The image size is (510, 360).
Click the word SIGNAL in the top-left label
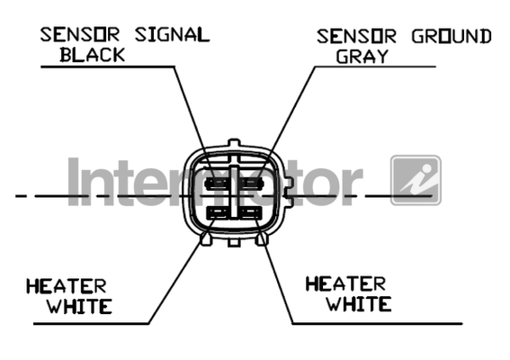click(x=173, y=34)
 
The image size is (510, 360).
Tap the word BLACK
click(x=93, y=55)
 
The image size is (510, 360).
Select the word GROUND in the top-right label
click(x=452, y=37)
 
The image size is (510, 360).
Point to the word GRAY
click(x=362, y=57)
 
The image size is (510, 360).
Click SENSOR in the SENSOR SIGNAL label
click(x=80, y=34)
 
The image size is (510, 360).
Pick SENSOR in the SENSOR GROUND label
click(x=356, y=37)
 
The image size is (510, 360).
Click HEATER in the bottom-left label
click(x=67, y=286)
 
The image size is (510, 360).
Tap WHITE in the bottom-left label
click(x=80, y=306)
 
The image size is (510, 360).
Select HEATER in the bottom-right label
click(x=345, y=283)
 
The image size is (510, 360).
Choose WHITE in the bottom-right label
click(x=359, y=303)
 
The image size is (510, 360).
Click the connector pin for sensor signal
click(x=216, y=184)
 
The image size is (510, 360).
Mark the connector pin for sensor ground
click(x=252, y=184)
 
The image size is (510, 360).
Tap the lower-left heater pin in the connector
click(x=217, y=213)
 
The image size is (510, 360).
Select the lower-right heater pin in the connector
click(x=251, y=213)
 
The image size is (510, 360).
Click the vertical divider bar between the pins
click(x=234, y=192)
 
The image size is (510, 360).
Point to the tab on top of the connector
click(x=234, y=143)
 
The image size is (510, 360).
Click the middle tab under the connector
click(x=234, y=242)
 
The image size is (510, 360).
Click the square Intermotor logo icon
click(x=416, y=180)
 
